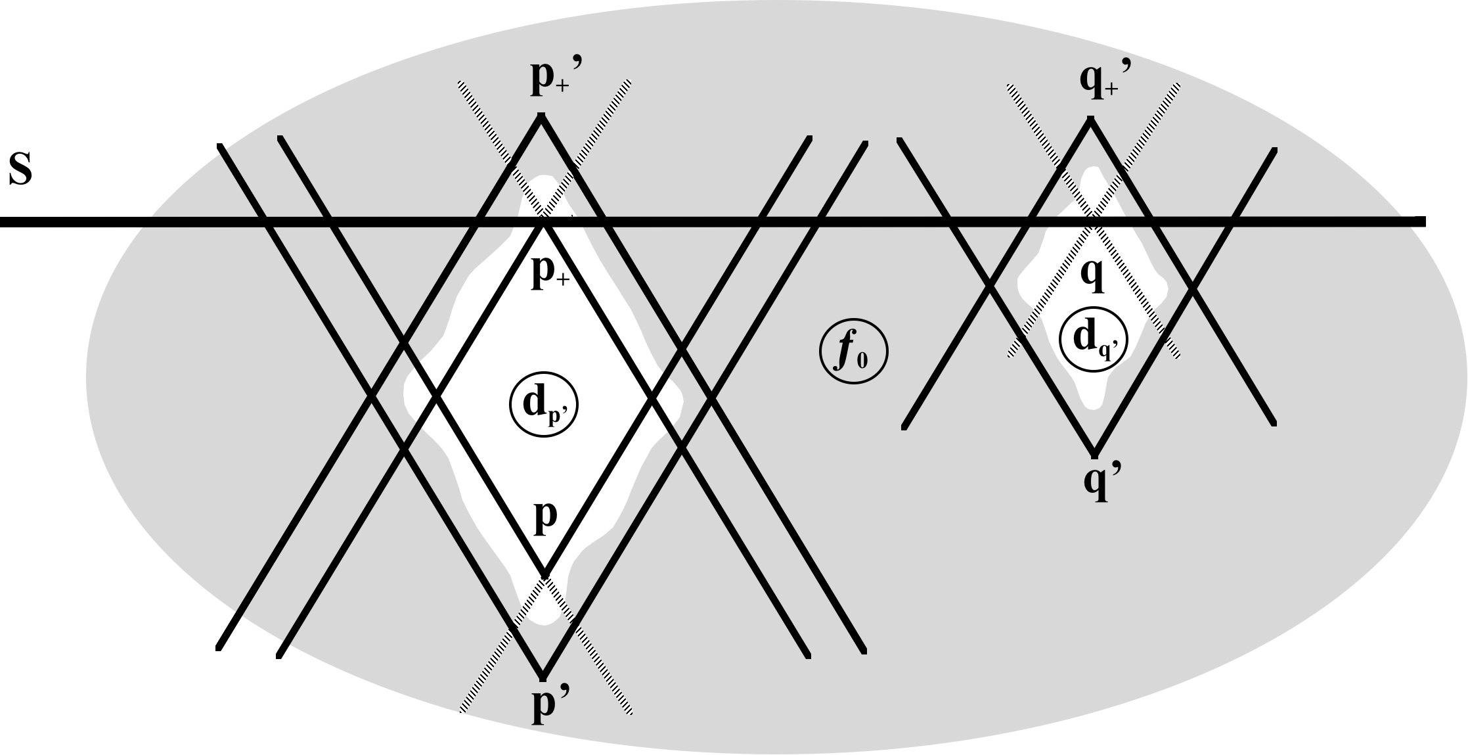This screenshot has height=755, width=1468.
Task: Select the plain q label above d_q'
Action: coord(1092,277)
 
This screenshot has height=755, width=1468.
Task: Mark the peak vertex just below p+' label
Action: coord(541,116)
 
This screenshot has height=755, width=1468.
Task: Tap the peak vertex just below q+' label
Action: coord(1090,119)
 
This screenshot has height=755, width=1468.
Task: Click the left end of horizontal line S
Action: coord(2,223)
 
